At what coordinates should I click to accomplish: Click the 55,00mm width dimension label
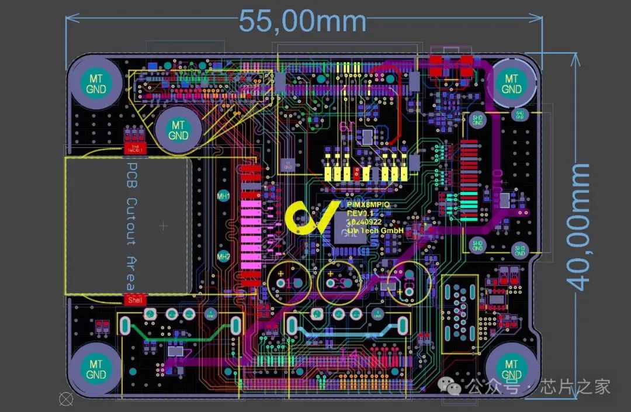pyautogui.click(x=303, y=22)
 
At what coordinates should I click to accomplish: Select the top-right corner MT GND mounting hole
pyautogui.click(x=511, y=84)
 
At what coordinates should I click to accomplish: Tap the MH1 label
pyautogui.click(x=223, y=196)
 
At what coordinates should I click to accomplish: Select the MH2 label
pyautogui.click(x=223, y=256)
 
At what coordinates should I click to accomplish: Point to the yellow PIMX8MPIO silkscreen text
pyautogui.click(x=368, y=205)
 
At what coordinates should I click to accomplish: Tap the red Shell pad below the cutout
pyautogui.click(x=134, y=300)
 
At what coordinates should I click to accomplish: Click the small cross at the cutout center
pyautogui.click(x=163, y=225)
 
